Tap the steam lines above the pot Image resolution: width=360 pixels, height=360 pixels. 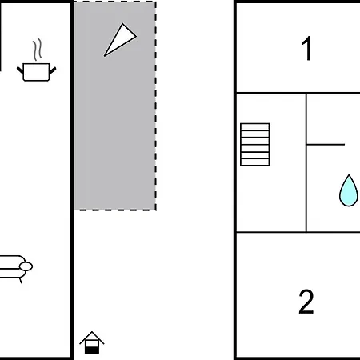(x=38, y=50)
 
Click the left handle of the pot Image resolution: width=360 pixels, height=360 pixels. (x=20, y=70)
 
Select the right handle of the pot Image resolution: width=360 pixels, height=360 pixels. (x=53, y=70)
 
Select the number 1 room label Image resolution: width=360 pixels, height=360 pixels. (x=306, y=48)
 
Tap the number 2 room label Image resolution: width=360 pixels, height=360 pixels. (x=306, y=302)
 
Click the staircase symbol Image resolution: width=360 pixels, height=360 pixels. (x=255, y=145)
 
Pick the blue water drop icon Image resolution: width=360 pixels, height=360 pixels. (x=348, y=190)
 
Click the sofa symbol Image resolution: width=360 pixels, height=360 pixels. (x=16, y=268)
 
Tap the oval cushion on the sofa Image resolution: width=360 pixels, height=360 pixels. (x=26, y=266)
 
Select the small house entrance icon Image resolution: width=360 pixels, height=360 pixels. (x=92, y=342)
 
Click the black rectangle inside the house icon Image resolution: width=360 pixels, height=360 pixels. (x=92, y=350)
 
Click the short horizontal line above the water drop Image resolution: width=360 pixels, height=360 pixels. (x=326, y=145)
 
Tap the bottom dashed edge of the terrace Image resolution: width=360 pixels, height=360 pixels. (x=114, y=210)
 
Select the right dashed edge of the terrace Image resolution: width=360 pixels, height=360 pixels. (x=155, y=106)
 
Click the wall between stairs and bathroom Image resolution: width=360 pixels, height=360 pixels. (x=306, y=162)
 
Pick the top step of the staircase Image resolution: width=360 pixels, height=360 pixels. (x=255, y=127)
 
